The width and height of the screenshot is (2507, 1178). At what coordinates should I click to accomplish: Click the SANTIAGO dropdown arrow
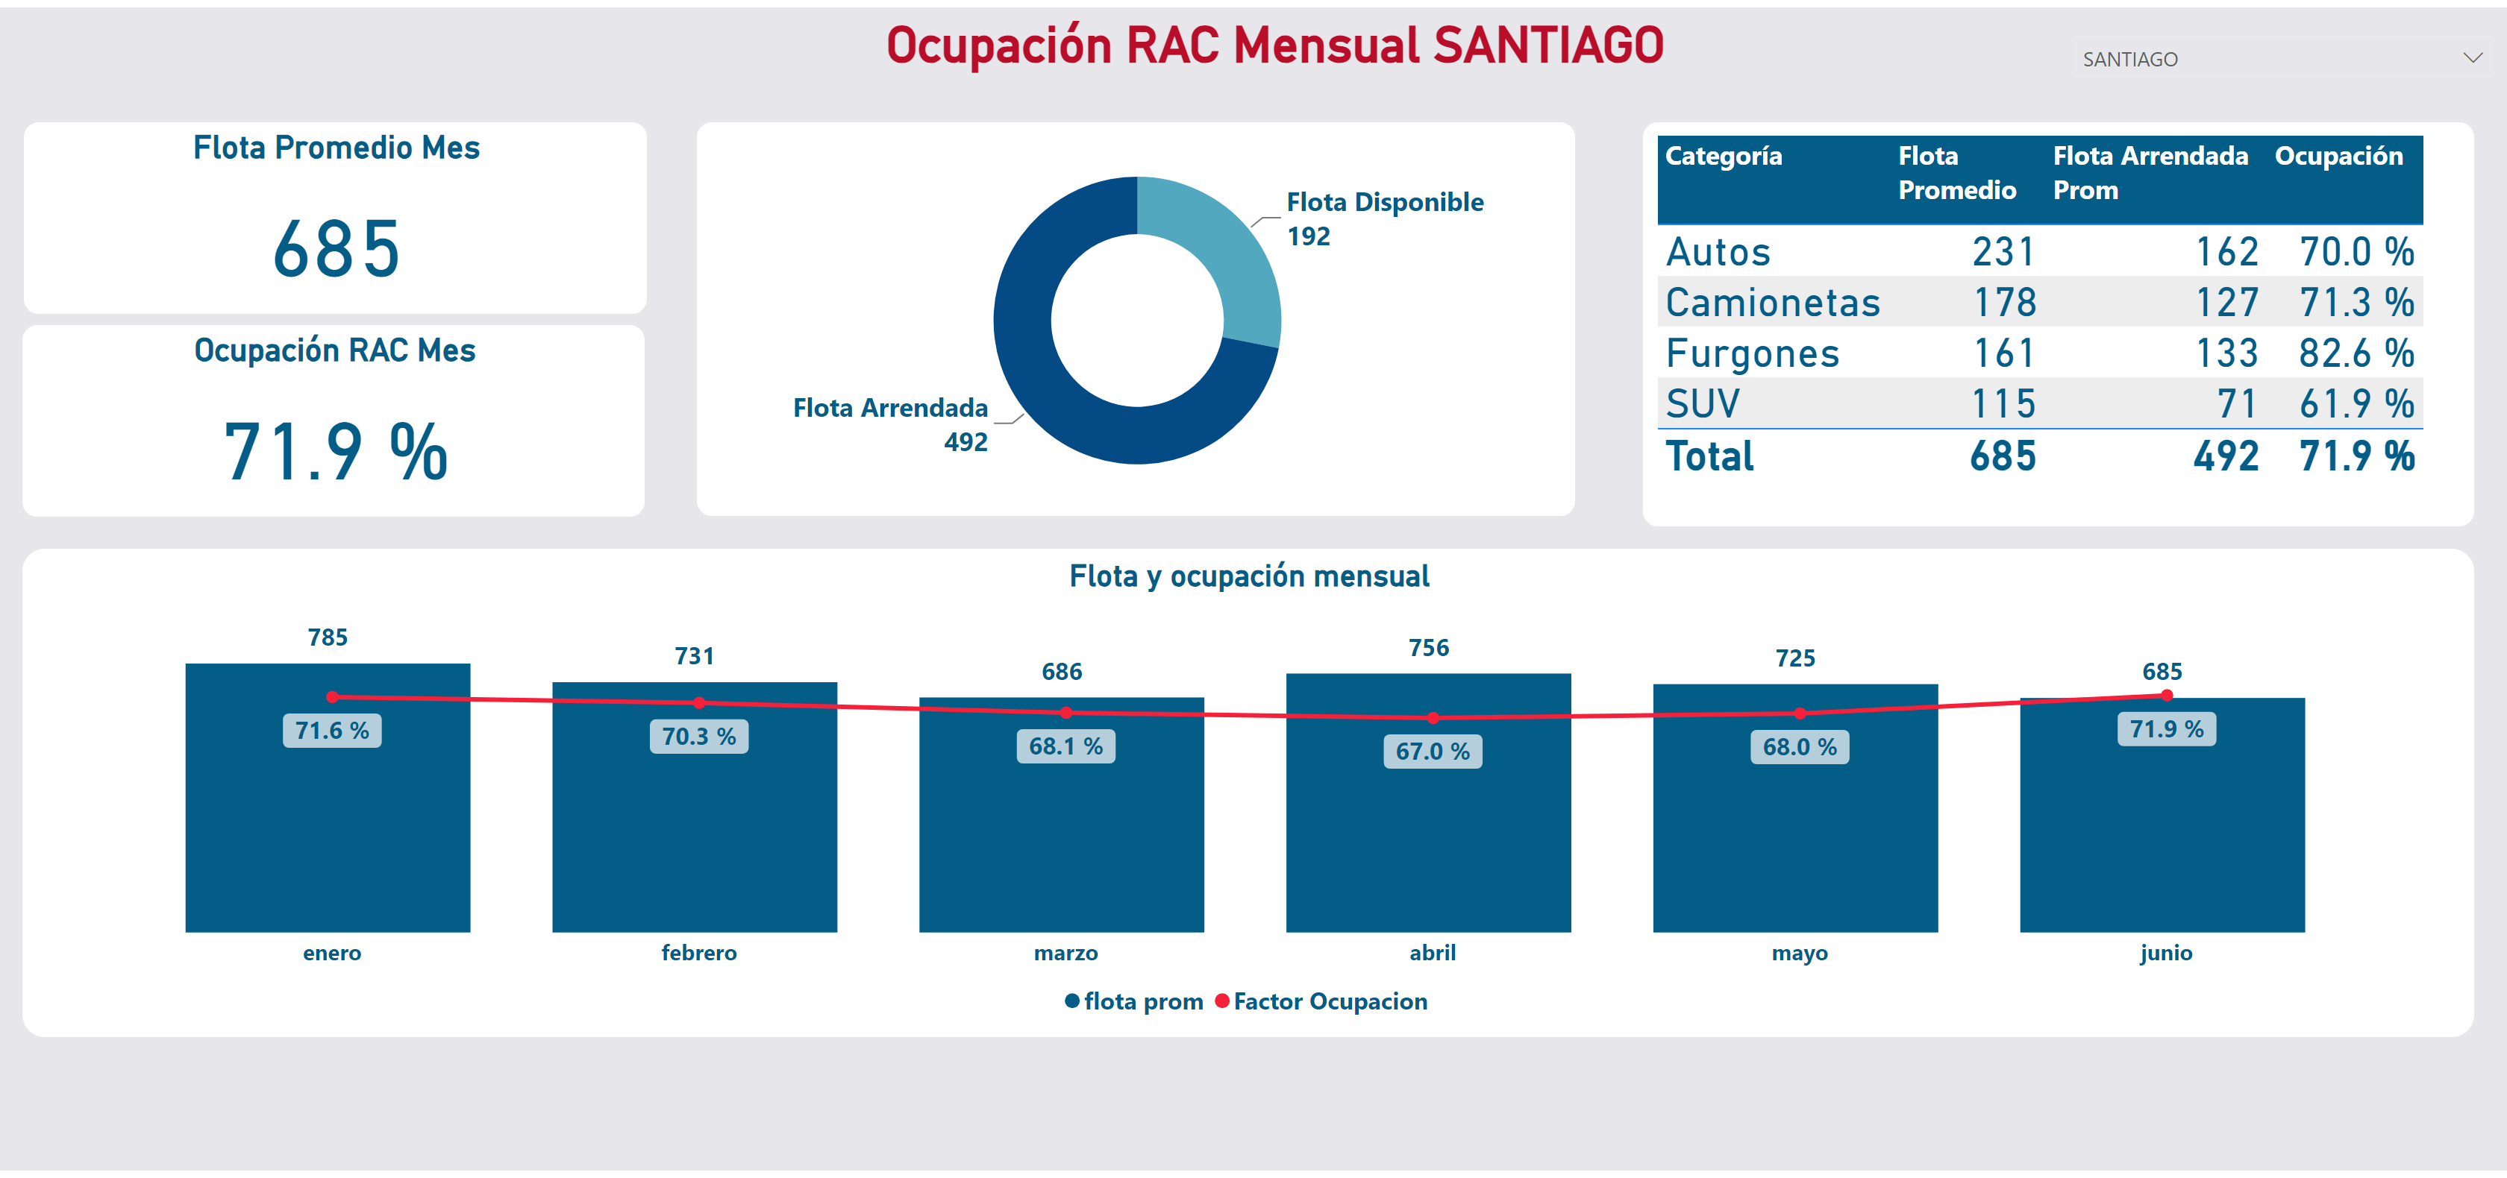pos(2472,58)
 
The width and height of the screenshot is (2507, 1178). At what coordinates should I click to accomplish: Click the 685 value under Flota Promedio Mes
pos(336,249)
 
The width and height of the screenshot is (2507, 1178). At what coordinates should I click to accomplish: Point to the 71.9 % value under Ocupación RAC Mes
pos(336,451)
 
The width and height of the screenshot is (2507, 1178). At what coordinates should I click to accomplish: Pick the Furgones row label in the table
pos(1752,353)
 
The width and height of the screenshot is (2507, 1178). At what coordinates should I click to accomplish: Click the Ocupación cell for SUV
pos(2356,403)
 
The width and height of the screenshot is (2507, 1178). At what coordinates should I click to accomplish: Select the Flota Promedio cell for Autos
pos(2003,252)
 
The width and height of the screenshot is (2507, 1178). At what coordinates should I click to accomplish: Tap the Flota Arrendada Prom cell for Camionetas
pos(2226,303)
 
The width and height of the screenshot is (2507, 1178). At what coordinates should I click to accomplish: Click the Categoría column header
pos(1724,156)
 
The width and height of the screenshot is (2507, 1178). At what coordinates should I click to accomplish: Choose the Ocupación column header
pos(2338,156)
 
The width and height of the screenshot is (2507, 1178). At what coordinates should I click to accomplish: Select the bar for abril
pos(1427,802)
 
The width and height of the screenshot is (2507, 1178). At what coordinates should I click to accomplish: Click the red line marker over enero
pos(333,696)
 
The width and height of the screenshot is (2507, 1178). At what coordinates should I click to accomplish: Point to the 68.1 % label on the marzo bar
pos(1065,746)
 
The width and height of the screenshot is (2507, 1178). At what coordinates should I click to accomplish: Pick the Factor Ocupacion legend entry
pos(1321,1001)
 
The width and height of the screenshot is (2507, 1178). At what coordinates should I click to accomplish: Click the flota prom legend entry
pos(1134,1001)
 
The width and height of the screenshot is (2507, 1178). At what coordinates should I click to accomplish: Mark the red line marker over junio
pos(2166,695)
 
